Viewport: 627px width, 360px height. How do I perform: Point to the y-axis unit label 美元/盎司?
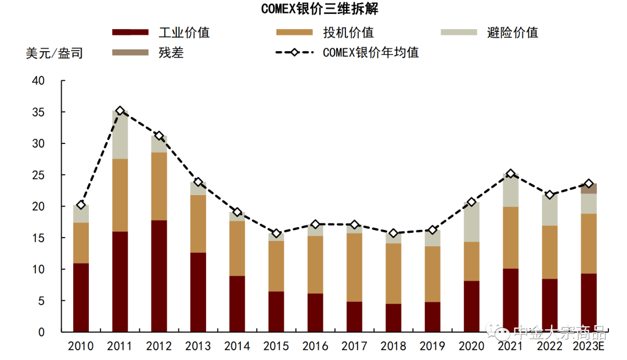point(54,53)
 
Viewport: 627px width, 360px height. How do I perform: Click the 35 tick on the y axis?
point(38,112)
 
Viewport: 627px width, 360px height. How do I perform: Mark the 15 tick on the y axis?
point(38,238)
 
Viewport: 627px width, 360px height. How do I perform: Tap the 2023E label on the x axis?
point(589,347)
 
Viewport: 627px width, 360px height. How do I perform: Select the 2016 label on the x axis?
point(315,347)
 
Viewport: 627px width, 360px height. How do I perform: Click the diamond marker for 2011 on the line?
point(120,111)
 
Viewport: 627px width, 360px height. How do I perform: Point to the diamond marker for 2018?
point(393,233)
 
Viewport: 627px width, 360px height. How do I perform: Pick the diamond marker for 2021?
point(510,174)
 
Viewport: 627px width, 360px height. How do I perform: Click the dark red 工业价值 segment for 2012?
point(158,276)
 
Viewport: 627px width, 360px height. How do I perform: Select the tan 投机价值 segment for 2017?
point(354,267)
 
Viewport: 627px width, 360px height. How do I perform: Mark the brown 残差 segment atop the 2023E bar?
point(589,189)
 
